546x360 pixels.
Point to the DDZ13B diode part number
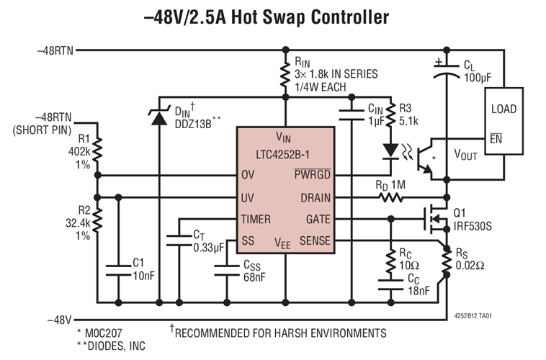(x=191, y=123)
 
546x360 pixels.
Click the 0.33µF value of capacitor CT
(x=210, y=247)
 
